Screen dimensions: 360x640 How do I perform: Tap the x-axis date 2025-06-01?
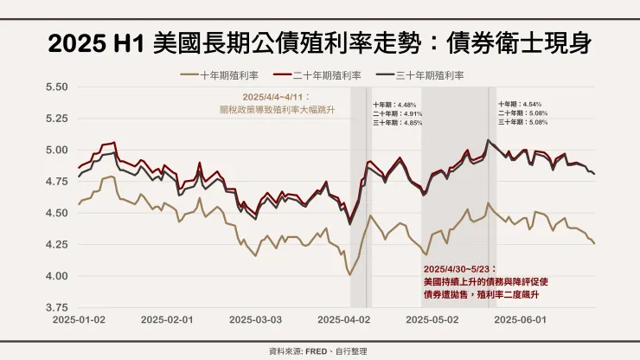[519, 319]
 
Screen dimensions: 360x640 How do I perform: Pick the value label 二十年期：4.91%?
[398, 113]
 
